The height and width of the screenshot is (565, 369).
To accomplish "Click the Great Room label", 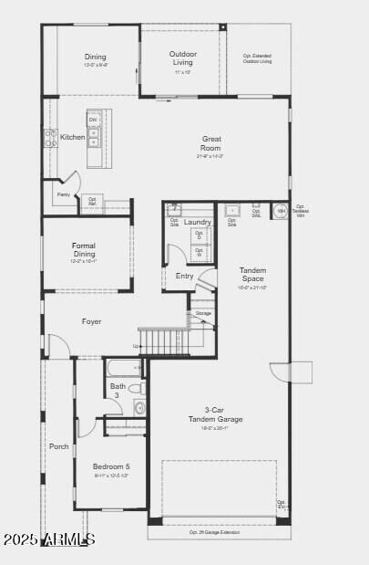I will (211, 143).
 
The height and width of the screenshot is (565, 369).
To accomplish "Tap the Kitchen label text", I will (73, 137).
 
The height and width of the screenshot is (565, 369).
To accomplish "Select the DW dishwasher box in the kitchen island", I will (93, 120).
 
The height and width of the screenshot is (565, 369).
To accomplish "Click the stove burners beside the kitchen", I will (50, 138).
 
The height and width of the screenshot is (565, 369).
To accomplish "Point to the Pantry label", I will (63, 194).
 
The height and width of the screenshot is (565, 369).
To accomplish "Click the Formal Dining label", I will (84, 249).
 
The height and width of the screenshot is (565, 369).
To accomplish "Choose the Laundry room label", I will (197, 222).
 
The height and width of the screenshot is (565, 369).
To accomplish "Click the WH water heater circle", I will (281, 211).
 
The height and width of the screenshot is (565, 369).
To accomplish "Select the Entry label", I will (184, 276).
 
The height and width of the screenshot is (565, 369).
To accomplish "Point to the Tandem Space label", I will (252, 274).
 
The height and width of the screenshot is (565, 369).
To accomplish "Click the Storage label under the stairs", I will (202, 313).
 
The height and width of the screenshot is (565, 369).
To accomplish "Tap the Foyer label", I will (91, 321).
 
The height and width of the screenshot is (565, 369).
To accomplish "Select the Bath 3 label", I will (118, 391).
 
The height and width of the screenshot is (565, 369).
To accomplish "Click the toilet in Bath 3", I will (138, 389).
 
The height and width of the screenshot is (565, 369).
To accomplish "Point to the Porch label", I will (58, 446).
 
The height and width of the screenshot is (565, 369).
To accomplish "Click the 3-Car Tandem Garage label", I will (215, 415).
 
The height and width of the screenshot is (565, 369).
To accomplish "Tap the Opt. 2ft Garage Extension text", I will (215, 532).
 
